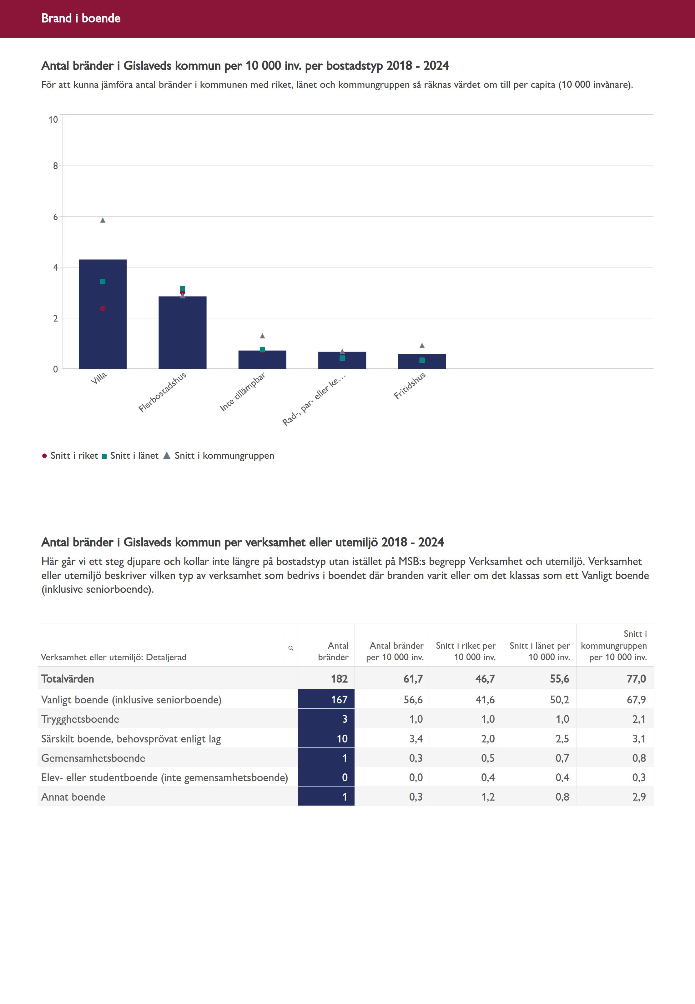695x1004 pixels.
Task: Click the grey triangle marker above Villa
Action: tap(103, 220)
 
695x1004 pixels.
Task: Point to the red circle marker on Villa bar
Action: tap(103, 308)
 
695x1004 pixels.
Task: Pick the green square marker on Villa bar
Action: tap(103, 281)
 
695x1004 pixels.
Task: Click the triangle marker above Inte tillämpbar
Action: tap(262, 336)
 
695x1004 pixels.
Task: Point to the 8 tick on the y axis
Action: tap(55, 166)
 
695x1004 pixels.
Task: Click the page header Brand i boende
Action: tap(81, 18)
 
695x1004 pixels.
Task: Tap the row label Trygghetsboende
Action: tap(80, 719)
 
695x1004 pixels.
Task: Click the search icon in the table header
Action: tap(291, 648)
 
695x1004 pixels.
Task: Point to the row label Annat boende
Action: tap(73, 797)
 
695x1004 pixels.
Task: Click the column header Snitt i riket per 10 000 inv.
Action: tap(466, 651)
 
